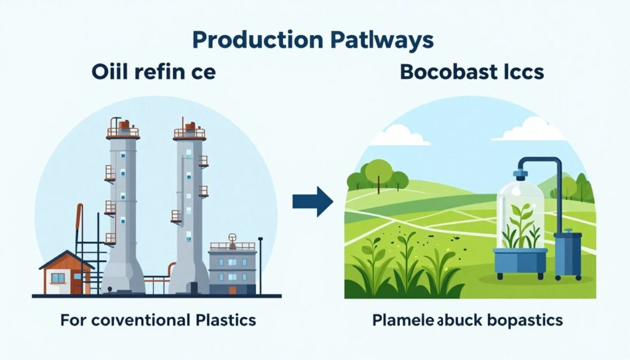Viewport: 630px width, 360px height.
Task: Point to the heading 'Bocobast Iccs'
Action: [472, 73]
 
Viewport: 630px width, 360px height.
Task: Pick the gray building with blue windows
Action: [232, 268]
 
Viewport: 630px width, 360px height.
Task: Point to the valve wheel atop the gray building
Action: [232, 238]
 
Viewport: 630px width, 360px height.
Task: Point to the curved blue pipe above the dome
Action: [541, 163]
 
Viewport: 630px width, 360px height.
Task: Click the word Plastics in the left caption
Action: [223, 321]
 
